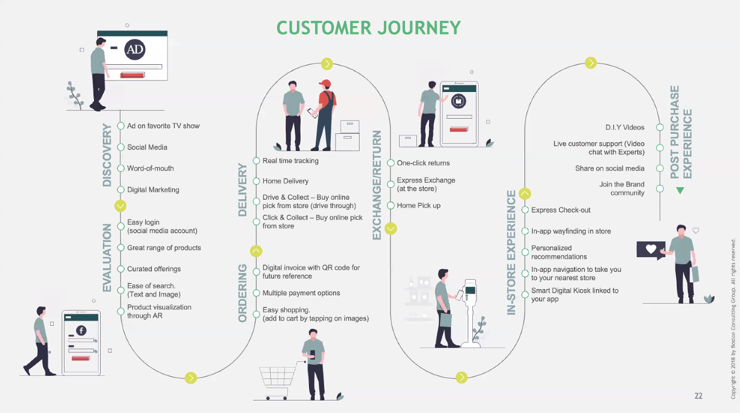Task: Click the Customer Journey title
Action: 368,28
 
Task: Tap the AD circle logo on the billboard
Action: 135,50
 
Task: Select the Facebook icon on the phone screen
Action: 81,330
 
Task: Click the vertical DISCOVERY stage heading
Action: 108,155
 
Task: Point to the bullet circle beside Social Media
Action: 121,147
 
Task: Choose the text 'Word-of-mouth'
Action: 150,168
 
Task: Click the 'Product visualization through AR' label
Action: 159,311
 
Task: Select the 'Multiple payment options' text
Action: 301,293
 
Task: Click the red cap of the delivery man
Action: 326,84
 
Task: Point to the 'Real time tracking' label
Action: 290,160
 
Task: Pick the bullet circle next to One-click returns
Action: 390,163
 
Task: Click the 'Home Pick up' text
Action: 419,205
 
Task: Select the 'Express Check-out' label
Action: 560,210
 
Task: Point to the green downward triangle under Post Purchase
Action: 679,191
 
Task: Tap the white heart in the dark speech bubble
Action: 651,249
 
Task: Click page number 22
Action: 698,396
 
